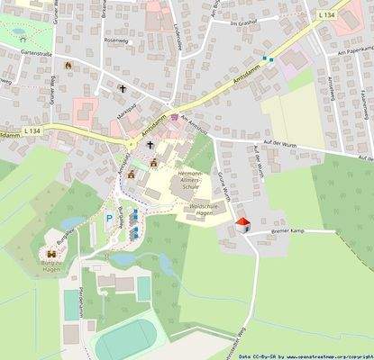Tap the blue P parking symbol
[109, 218]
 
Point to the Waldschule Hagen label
[188, 208]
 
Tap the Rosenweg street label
[117, 40]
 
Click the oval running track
[126, 341]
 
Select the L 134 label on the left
[32, 131]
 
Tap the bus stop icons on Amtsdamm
[266, 58]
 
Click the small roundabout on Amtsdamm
[131, 143]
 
